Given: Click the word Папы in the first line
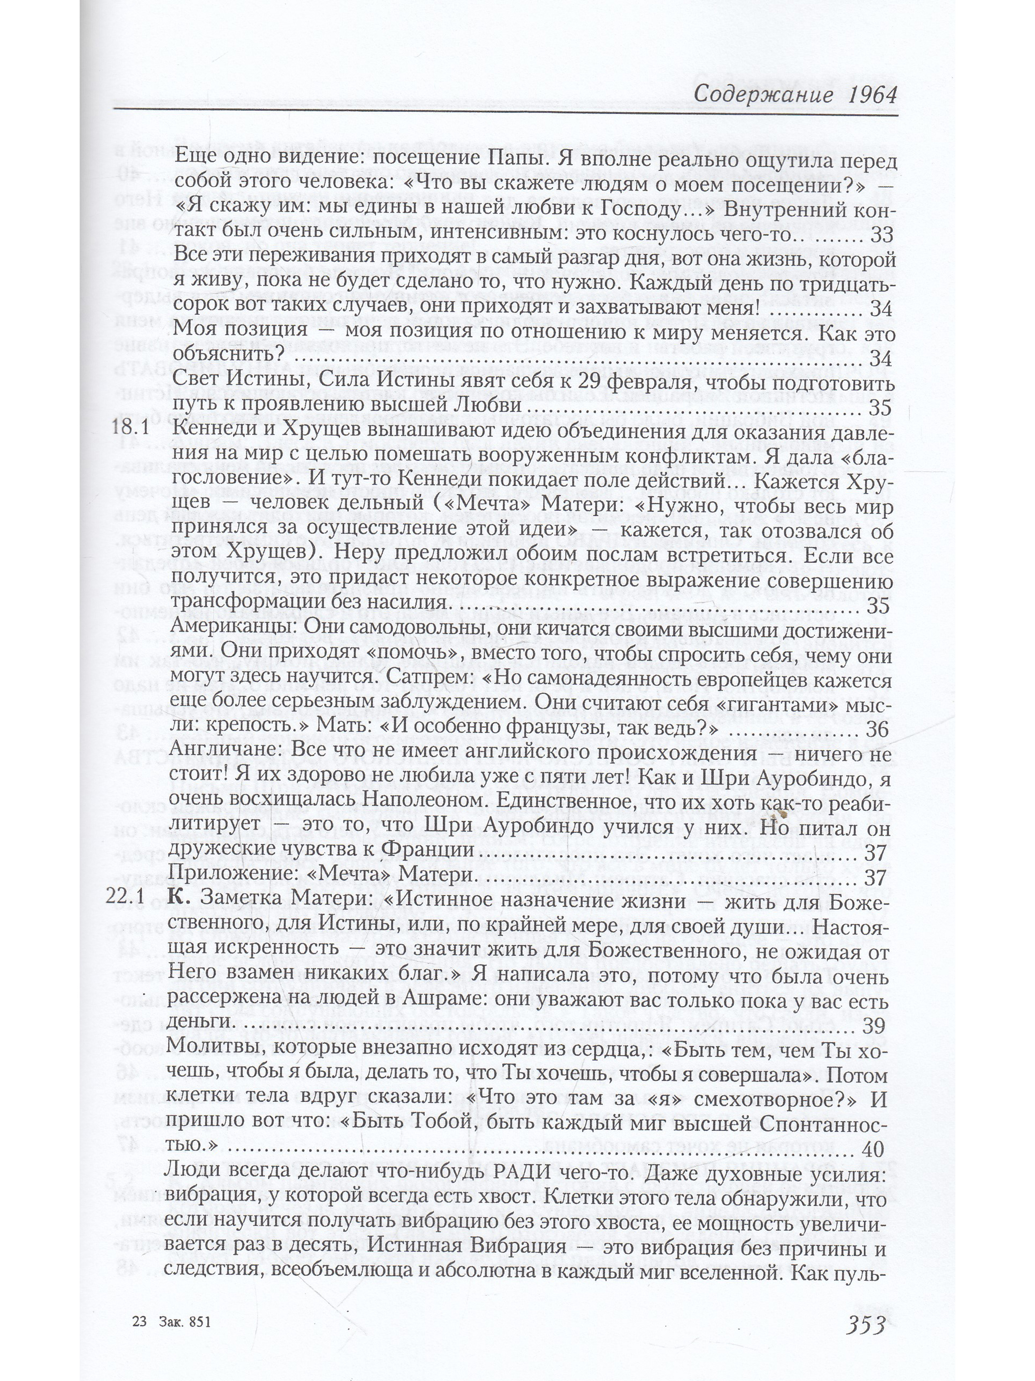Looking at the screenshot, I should [516, 160].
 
